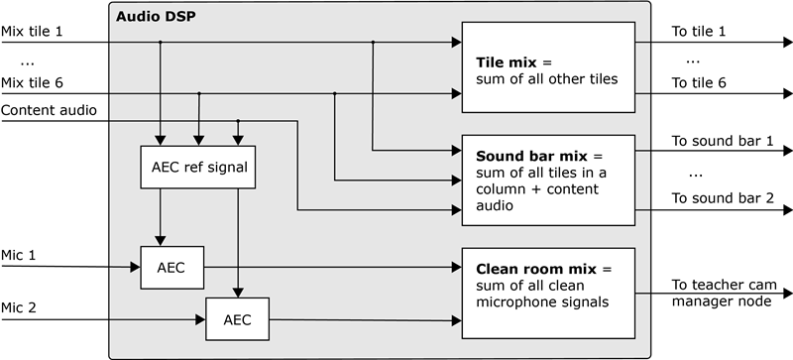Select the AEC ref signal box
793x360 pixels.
[199, 168]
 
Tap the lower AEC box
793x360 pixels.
[237, 319]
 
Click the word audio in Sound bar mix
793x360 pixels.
[496, 205]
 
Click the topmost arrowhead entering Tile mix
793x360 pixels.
[456, 43]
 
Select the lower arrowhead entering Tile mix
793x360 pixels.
[456, 94]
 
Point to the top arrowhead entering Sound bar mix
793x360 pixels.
[456, 151]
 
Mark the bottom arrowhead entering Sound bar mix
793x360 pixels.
[456, 210]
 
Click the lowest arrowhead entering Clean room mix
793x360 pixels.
[456, 319]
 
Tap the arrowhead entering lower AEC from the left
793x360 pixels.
[199, 319]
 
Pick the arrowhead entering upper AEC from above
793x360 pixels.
[161, 241]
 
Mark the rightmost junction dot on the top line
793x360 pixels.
[373, 43]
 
